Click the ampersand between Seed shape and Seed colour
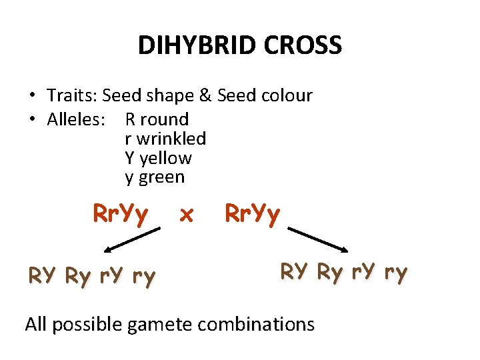coord(205,95)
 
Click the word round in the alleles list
coord(165,119)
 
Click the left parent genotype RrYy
coord(121,215)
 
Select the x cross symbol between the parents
coord(187,215)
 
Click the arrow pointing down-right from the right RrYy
coord(317,241)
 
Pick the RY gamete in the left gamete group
coord(41,275)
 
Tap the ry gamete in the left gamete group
coord(143,275)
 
